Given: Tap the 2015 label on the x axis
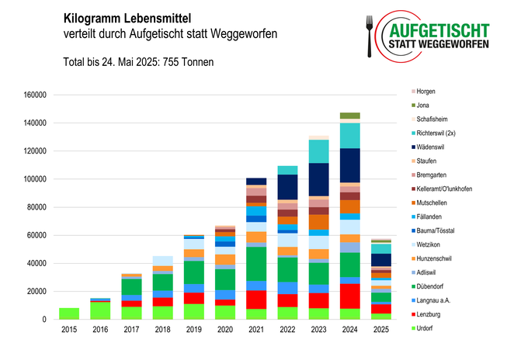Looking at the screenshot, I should click(x=69, y=331).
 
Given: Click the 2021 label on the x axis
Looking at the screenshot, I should click(x=256, y=331).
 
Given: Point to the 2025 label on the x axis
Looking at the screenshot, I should click(x=380, y=331).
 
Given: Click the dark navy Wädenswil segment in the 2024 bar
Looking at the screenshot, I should click(x=349, y=164).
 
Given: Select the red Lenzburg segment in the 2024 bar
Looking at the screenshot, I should click(x=349, y=297).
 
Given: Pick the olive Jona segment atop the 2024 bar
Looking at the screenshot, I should click(x=349, y=116).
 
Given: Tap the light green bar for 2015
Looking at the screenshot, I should click(x=69, y=313).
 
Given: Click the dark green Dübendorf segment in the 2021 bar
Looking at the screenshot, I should click(x=256, y=264).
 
